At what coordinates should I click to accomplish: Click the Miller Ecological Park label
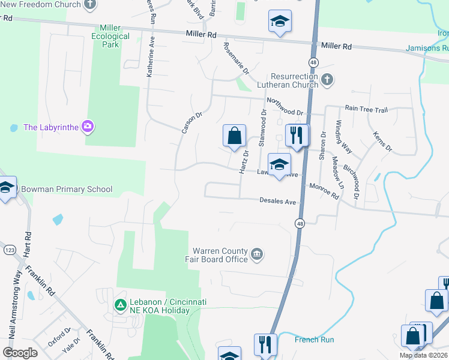pos(110,36)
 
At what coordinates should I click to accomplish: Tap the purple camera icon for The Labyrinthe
pos(88,126)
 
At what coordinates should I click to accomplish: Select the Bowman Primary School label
pos(67,190)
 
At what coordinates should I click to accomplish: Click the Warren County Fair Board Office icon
pos(256,254)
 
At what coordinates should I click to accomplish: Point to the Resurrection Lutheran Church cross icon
pos(327,80)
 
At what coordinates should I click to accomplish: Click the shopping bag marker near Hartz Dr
pos(234,136)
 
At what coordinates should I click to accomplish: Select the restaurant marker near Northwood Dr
pos(297,136)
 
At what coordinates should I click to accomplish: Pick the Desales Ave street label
pos(278,202)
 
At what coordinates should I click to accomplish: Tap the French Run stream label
pos(314,340)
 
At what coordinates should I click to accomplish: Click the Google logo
pos(19,353)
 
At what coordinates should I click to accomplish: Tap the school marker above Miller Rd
pos(280,22)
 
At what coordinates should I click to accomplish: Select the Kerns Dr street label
pos(382,141)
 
